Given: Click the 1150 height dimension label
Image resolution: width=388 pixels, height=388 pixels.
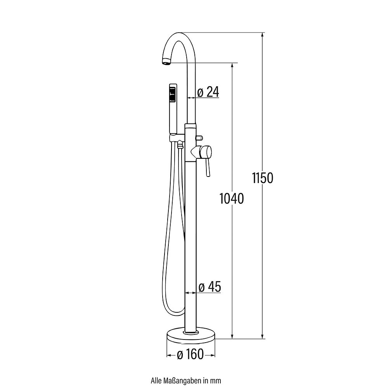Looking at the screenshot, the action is click(x=263, y=178).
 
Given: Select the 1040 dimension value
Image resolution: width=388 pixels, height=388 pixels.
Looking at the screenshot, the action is click(x=232, y=198).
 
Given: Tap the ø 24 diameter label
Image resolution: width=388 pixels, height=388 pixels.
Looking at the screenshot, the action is click(x=208, y=92).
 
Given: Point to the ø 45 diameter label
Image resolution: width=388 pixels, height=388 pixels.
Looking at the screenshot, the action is click(x=210, y=287).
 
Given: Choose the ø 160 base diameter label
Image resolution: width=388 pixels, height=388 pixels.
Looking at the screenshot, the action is click(x=190, y=354).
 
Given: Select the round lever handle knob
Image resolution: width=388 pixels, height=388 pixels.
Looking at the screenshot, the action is click(x=206, y=152).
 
